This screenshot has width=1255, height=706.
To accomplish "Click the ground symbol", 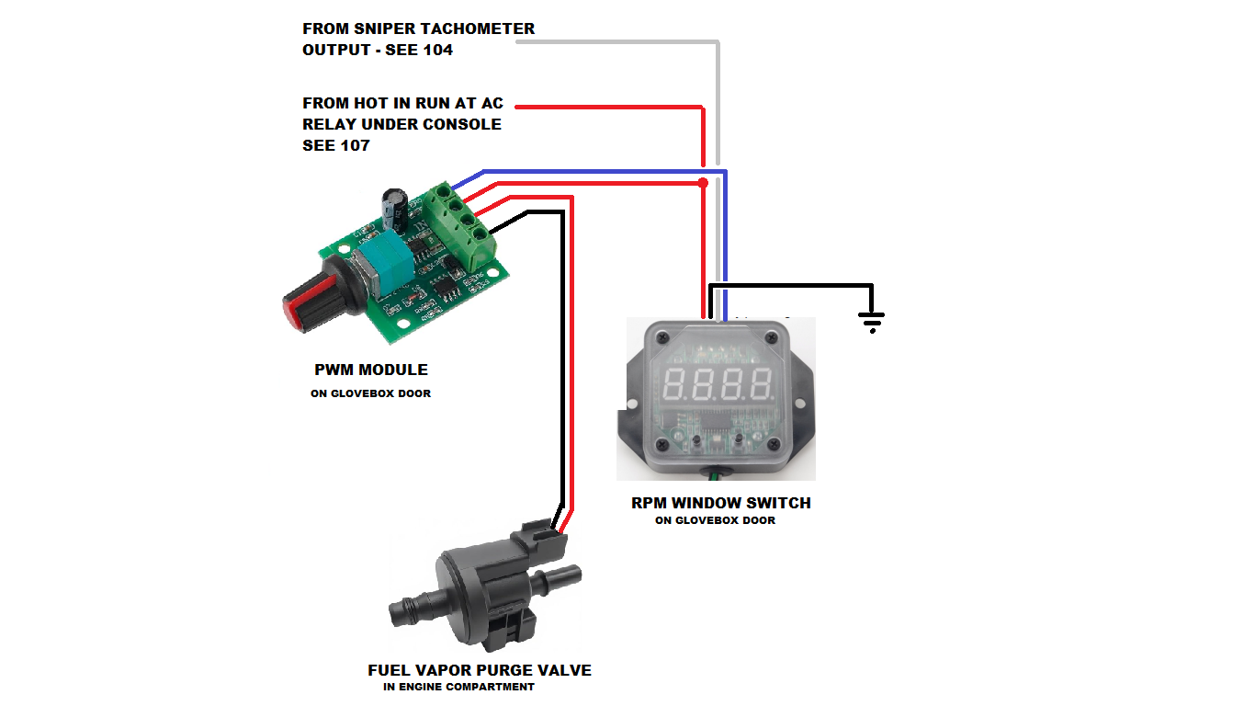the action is pos(871,322).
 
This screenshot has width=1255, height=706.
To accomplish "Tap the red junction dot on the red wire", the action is pos(703,183).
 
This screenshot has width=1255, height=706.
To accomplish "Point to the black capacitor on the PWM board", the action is pos(395,208).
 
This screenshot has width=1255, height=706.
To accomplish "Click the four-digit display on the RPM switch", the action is pos(718,384).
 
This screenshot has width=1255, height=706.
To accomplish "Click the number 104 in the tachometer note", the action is pos(437,50).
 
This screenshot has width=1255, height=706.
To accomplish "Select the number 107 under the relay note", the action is pos(356,146).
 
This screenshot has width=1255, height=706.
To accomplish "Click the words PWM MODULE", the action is pos(371,370).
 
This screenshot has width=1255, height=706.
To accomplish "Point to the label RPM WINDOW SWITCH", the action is pos(721,503).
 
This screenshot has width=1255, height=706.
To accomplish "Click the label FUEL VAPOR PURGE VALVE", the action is pos(480,670).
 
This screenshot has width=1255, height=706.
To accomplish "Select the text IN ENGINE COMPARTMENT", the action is pos(458,687).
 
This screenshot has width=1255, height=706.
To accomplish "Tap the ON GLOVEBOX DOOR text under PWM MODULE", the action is pos(371,393).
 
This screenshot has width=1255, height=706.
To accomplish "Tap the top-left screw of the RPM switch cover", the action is pos(662,337).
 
